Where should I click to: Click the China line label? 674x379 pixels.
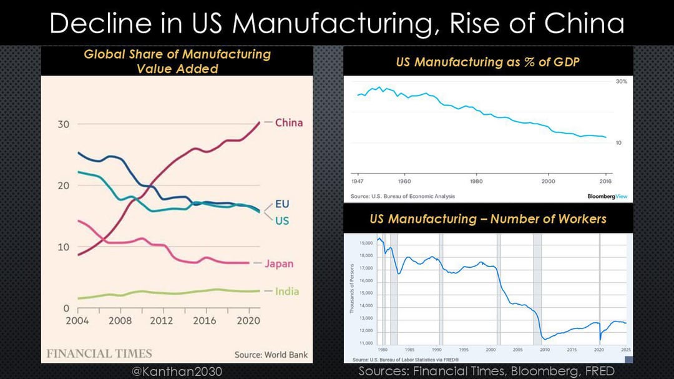click(x=288, y=122)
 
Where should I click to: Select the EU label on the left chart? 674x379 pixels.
click(x=282, y=204)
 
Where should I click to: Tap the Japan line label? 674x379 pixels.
click(x=279, y=263)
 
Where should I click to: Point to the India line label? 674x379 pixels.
click(x=287, y=291)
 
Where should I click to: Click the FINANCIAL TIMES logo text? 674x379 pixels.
click(x=99, y=353)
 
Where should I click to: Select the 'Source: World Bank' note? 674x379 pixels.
click(x=271, y=355)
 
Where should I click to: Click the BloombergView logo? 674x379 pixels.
click(x=607, y=196)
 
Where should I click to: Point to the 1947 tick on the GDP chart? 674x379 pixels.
click(x=358, y=181)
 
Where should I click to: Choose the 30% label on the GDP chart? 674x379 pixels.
click(x=622, y=82)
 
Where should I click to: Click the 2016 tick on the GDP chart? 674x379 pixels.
click(x=604, y=181)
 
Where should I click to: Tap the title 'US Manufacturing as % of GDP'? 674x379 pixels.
click(x=488, y=62)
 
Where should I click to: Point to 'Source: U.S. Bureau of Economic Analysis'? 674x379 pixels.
click(x=403, y=196)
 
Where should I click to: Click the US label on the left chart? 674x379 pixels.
click(x=282, y=221)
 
